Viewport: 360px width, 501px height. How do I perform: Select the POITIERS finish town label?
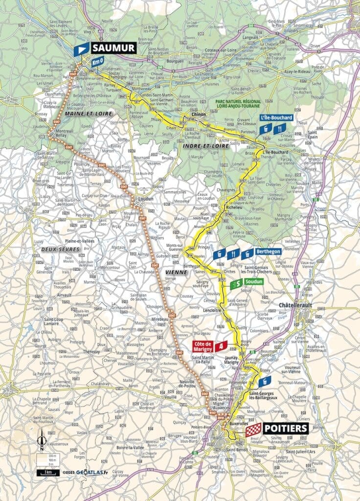tap(285, 428)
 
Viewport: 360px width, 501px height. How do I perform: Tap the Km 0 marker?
tap(98, 61)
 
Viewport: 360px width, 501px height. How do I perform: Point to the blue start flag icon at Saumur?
tap(81, 49)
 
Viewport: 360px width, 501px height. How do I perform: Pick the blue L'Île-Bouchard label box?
tap(276, 118)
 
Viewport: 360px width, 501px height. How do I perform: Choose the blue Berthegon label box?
tap(269, 251)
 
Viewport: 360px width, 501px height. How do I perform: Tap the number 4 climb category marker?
tap(223, 346)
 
